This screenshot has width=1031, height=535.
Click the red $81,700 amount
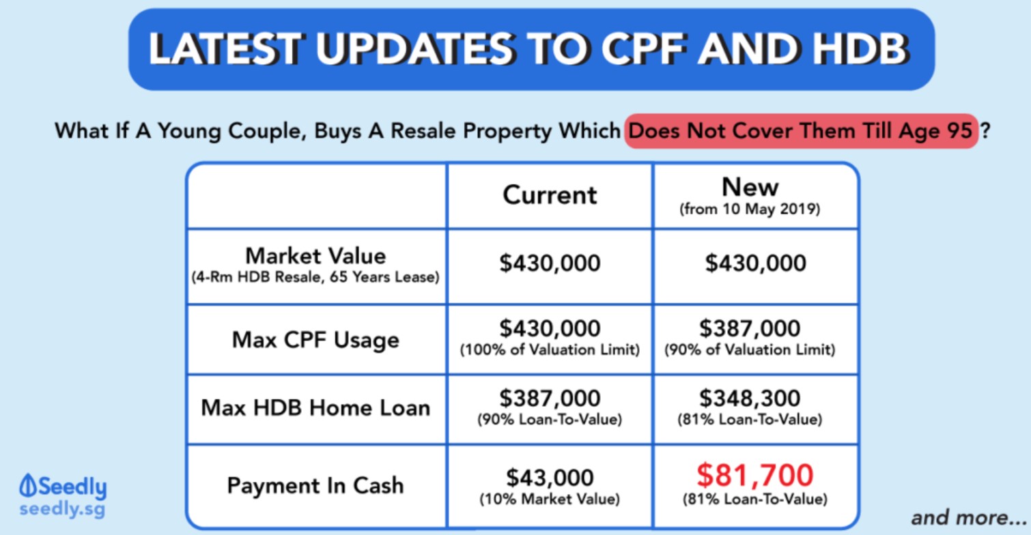pyautogui.click(x=755, y=476)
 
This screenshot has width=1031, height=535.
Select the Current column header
pyautogui.click(x=550, y=194)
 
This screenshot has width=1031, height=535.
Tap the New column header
pyautogui.click(x=750, y=187)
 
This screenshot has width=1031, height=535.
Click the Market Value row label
pyautogui.click(x=315, y=256)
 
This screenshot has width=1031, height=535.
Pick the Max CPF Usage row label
pyautogui.click(x=315, y=341)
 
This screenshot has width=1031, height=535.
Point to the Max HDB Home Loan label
pyautogui.click(x=315, y=407)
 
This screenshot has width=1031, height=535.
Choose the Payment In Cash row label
pyautogui.click(x=315, y=485)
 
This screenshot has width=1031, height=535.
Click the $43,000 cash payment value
pyautogui.click(x=550, y=478)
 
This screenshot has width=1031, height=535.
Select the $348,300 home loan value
pyautogui.click(x=750, y=398)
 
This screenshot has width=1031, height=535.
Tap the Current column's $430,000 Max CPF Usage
pyautogui.click(x=550, y=328)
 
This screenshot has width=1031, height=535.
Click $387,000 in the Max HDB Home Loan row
pyautogui.click(x=550, y=398)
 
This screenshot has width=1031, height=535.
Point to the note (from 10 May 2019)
pyautogui.click(x=750, y=209)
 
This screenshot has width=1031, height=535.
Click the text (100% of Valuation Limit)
pyautogui.click(x=550, y=350)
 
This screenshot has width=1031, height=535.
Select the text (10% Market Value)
pyautogui.click(x=550, y=499)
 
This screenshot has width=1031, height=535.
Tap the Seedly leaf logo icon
pyautogui.click(x=27, y=485)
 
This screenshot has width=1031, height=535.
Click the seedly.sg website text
pyautogui.click(x=63, y=509)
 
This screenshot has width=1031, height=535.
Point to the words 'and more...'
pyautogui.click(x=968, y=518)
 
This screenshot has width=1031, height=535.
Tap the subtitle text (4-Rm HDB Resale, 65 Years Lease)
pyautogui.click(x=315, y=277)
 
